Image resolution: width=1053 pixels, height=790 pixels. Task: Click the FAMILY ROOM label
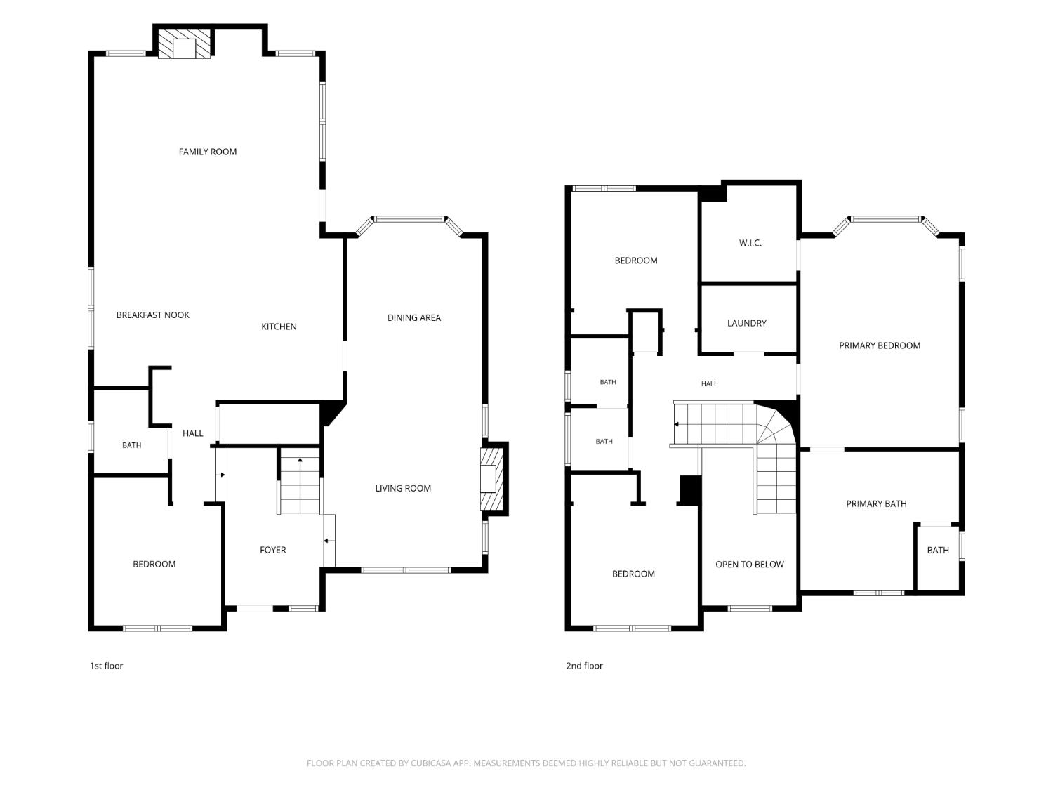[x=207, y=152]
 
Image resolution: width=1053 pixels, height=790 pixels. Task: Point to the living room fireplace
[x=491, y=479]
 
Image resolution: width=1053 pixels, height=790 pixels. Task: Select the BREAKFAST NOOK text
[x=152, y=315]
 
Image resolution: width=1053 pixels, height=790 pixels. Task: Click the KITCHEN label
[x=279, y=326]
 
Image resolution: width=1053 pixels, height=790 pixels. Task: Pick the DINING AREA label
[x=414, y=317]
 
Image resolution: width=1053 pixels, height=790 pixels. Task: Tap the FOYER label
[x=272, y=550]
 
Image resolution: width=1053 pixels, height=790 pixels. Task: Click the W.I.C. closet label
[x=750, y=243]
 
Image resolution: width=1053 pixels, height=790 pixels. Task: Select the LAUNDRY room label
[x=746, y=323]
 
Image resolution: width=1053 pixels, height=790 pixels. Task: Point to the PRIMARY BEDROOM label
[x=880, y=345]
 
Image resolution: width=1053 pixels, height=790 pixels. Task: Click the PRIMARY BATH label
[x=876, y=503]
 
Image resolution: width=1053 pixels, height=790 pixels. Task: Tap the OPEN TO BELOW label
[x=749, y=564]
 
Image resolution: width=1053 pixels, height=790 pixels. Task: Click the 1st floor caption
[x=107, y=665]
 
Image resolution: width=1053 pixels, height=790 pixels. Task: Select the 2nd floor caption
[x=584, y=665]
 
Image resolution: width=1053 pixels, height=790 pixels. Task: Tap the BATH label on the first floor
[x=131, y=445]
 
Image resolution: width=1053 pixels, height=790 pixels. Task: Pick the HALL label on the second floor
[x=709, y=383]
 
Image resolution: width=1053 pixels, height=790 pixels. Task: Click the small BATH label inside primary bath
[x=937, y=550]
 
